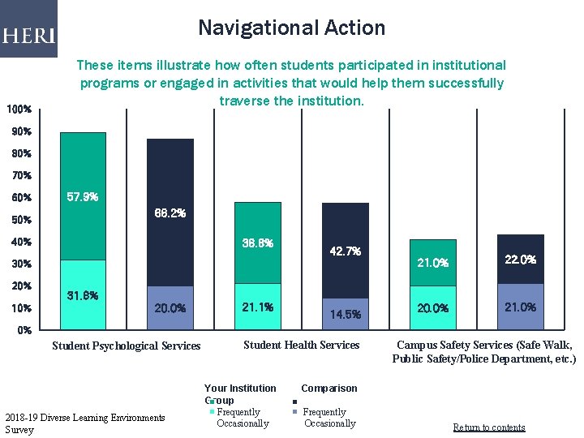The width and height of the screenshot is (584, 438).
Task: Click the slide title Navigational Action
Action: (292, 28)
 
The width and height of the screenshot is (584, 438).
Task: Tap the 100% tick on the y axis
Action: (19, 109)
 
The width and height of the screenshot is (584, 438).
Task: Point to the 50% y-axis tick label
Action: (19, 220)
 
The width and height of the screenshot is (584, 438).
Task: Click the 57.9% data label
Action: (82, 197)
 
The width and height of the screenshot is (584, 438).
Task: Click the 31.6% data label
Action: (82, 295)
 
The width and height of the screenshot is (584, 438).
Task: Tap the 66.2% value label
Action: (170, 213)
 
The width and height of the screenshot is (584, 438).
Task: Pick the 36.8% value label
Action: (257, 243)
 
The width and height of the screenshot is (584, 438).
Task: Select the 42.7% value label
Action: (345, 251)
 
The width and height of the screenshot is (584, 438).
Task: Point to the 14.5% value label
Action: (345, 314)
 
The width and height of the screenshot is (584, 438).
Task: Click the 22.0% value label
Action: (520, 260)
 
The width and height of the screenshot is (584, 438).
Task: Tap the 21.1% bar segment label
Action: (257, 307)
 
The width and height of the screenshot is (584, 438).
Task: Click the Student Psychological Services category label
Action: (126, 346)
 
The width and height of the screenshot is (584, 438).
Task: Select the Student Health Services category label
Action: (301, 346)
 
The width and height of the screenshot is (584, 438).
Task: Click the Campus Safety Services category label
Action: (484, 352)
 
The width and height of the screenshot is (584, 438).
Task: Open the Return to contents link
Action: (488, 427)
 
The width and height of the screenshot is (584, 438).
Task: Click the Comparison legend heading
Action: (328, 389)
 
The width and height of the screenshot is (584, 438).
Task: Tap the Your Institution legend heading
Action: (240, 389)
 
